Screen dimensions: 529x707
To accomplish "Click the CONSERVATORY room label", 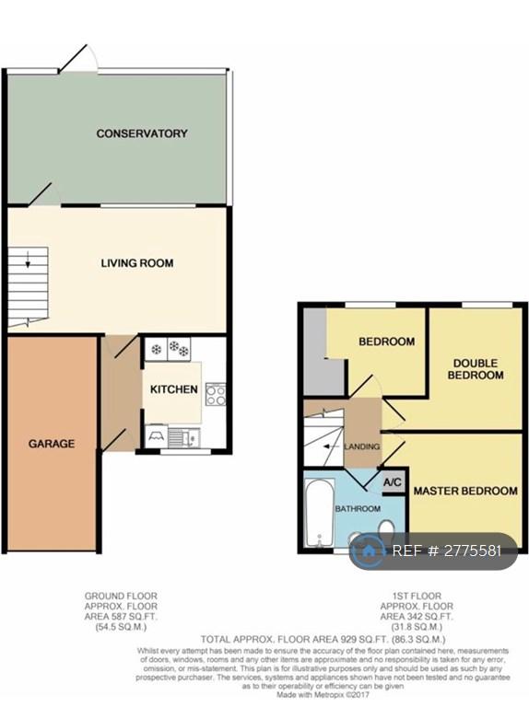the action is click(x=142, y=133).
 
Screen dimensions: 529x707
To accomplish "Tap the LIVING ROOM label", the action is click(x=137, y=263).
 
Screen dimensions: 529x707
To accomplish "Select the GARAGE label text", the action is click(x=52, y=444).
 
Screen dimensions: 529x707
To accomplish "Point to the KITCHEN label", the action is click(x=174, y=389).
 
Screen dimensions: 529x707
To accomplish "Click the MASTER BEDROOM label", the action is click(x=465, y=491).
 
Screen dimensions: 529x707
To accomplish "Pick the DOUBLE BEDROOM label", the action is click(x=476, y=369).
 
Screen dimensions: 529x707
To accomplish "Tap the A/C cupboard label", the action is click(x=393, y=483).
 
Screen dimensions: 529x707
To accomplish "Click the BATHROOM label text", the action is click(x=358, y=508).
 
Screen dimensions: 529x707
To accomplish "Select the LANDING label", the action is click(x=361, y=446).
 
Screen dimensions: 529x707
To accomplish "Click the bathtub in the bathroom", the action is click(x=320, y=513).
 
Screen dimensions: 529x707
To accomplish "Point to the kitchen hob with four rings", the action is click(x=216, y=395).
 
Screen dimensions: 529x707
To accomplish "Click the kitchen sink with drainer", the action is click(x=184, y=437).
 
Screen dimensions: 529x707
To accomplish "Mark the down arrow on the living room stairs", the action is click(x=28, y=259).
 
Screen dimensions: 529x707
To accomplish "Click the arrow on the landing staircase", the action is click(x=331, y=446).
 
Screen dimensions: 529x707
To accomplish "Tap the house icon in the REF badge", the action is click(x=369, y=551).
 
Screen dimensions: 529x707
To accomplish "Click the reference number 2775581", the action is click(x=473, y=551).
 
